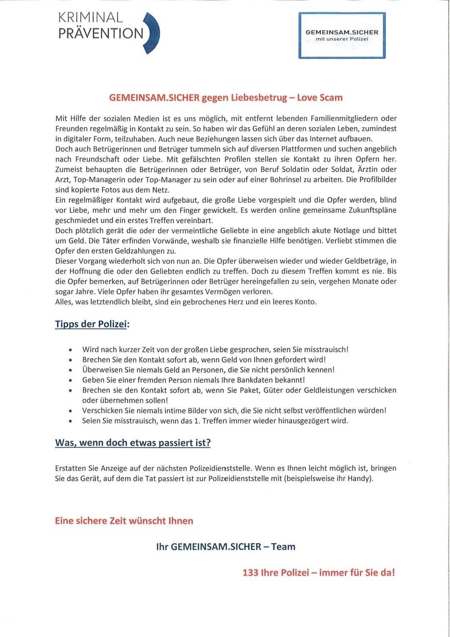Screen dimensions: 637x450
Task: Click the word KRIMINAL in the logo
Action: (90, 18)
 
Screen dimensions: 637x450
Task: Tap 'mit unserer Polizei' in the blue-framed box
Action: (342, 39)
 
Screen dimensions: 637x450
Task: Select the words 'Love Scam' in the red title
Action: (320, 98)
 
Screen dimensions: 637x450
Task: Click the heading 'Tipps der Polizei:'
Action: (92, 324)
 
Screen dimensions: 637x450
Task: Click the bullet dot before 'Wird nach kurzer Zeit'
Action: (71, 350)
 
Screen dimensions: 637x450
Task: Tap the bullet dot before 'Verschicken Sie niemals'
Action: (71, 411)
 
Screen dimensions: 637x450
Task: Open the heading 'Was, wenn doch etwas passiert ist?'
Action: (132, 443)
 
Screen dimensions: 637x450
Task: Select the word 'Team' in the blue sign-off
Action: (283, 546)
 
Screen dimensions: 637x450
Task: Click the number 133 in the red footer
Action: (250, 572)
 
